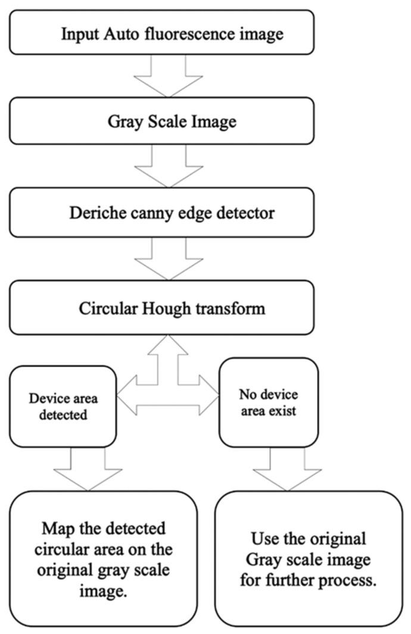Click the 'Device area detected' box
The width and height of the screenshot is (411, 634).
(63, 407)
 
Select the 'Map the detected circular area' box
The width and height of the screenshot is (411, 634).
(104, 557)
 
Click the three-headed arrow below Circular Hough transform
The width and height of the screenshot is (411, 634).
(169, 393)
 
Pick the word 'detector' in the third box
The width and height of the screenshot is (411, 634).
(250, 213)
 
